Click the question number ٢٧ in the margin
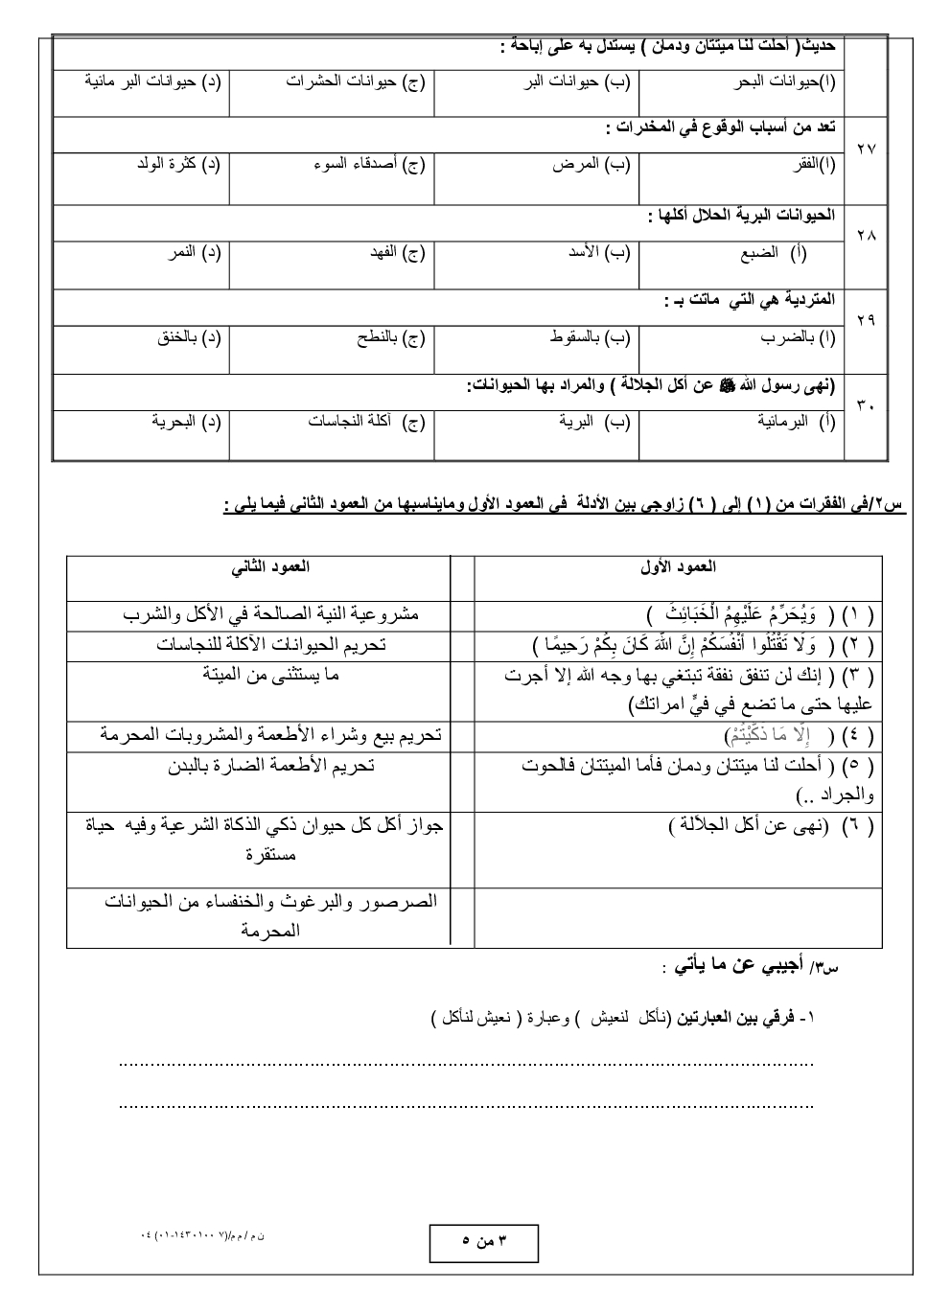point(865,150)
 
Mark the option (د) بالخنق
point(188,337)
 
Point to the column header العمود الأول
point(678,566)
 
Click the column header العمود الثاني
point(270,566)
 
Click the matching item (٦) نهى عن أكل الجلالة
point(771,825)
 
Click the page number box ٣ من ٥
point(483,1243)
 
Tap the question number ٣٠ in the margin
point(865,405)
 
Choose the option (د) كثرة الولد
point(178,164)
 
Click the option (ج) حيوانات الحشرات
point(355,81)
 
